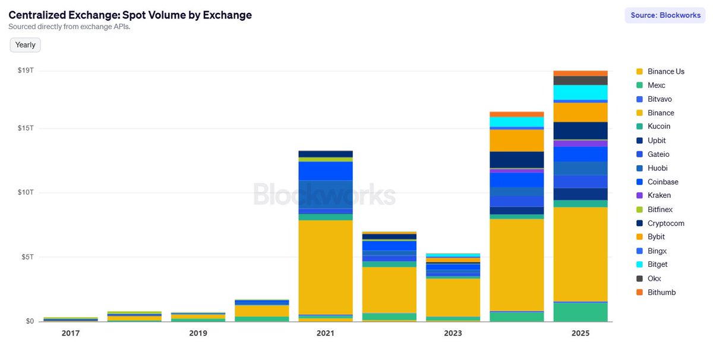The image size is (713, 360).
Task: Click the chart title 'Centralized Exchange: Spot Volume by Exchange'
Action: click(x=130, y=15)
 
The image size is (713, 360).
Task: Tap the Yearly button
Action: click(x=26, y=45)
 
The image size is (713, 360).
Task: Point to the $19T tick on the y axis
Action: click(x=26, y=71)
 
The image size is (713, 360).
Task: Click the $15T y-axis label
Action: click(x=26, y=128)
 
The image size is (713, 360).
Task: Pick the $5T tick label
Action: click(x=27, y=257)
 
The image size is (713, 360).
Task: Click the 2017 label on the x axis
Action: click(x=71, y=333)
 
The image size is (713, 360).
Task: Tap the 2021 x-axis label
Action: click(x=325, y=333)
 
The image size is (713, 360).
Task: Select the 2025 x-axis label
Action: click(x=580, y=333)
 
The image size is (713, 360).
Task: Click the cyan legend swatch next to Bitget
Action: click(x=639, y=264)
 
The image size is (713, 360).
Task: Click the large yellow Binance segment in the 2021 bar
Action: click(x=325, y=267)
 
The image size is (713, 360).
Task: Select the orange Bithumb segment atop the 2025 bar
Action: click(x=580, y=73)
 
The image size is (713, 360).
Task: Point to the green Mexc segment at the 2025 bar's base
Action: click(x=580, y=312)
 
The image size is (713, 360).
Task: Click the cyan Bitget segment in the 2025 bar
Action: click(x=580, y=92)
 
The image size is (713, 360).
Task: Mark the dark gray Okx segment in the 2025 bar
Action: click(x=580, y=80)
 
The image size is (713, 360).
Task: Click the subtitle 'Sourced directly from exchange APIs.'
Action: click(x=69, y=27)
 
